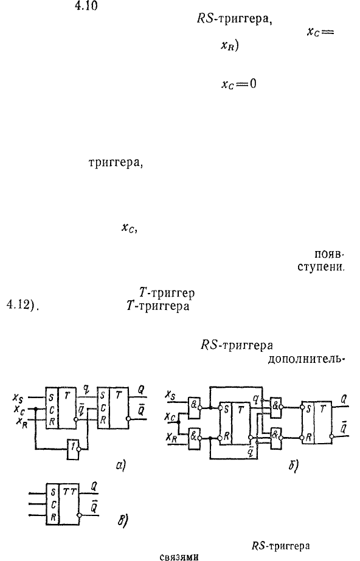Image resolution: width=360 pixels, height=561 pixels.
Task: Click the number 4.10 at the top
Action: [86, 6]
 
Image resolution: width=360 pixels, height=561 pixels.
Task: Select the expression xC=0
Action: [239, 84]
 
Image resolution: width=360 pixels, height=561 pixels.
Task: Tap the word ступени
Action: [320, 267]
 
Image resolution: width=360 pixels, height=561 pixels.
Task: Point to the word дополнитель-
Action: [306, 359]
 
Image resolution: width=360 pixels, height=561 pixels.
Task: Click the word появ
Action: [328, 255]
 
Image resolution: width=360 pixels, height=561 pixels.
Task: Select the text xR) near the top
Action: [229, 46]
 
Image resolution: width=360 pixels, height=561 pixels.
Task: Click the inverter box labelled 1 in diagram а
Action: [72, 449]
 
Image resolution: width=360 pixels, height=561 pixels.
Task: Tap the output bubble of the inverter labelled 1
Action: [81, 449]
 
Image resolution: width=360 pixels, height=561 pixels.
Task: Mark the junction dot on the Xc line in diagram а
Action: [35, 408]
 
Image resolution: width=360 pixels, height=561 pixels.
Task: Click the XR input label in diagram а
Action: [21, 421]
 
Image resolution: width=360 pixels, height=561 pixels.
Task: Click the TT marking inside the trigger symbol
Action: [70, 492]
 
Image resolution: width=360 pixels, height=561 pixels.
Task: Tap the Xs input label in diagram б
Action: [170, 395]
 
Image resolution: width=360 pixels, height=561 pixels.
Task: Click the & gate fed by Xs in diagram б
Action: [193, 408]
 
